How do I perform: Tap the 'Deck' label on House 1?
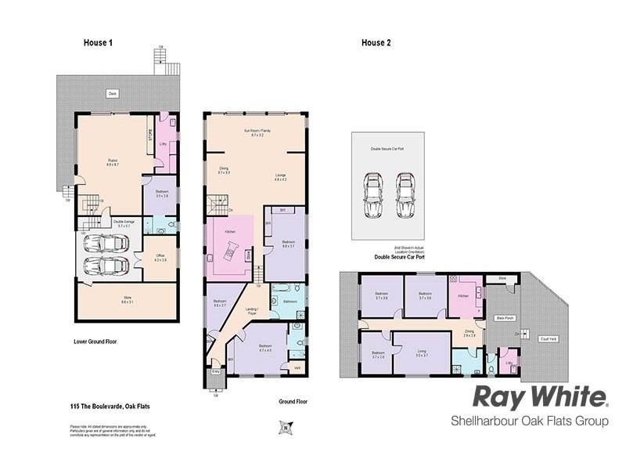pyautogui.click(x=113, y=93)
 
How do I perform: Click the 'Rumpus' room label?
pyautogui.click(x=113, y=162)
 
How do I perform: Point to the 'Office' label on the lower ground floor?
pyautogui.click(x=160, y=255)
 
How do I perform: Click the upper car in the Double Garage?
pyautogui.click(x=106, y=244)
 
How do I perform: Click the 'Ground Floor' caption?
pyautogui.click(x=293, y=402)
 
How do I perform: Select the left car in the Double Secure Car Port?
pyautogui.click(x=372, y=194)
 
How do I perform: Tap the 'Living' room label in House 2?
pyautogui.click(x=422, y=353)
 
